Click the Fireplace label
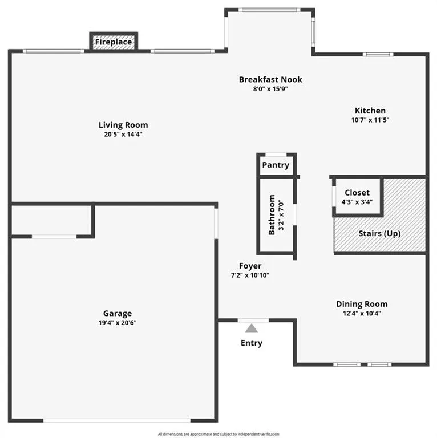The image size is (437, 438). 114,42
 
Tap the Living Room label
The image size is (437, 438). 123,125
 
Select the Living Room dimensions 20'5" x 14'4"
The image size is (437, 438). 123,135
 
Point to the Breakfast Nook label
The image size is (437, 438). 270,79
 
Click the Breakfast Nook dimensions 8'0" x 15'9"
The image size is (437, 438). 270,89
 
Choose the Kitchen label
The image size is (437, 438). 370,111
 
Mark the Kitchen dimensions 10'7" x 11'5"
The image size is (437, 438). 370,120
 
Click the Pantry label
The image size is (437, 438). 276,165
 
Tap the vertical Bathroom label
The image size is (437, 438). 272,215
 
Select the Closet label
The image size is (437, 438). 357,193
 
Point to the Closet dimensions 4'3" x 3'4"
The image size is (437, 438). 357,202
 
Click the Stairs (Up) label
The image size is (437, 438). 379,234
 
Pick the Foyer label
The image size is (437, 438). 250,266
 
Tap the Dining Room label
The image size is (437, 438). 362,304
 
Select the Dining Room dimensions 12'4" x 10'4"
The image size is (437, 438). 362,314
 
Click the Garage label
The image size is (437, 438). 118,313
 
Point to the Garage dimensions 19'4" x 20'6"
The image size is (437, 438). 118,323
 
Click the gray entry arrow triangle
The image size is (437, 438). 251,328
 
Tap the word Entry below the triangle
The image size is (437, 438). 252,343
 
